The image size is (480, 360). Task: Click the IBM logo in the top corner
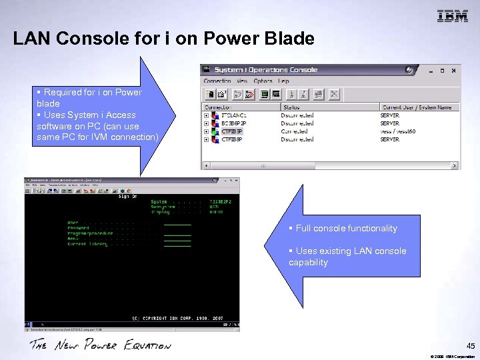453,17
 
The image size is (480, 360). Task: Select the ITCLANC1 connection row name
235,115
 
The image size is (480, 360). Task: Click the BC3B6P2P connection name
235,123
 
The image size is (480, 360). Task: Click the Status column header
291,107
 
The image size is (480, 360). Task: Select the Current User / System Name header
417,107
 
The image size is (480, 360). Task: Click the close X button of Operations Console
454,70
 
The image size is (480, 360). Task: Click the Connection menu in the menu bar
217,81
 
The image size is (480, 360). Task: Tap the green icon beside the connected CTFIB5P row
215,131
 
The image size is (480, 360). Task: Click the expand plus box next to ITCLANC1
207,115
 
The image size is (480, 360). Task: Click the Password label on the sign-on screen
79,228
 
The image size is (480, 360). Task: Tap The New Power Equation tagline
100,345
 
